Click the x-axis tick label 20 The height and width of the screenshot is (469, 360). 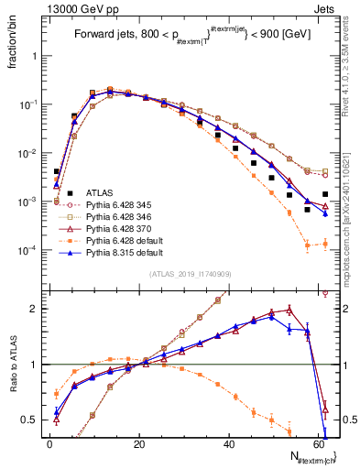(x=139, y=443)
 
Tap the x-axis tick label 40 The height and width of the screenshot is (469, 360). (x=229, y=443)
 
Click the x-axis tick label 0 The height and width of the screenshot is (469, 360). (x=50, y=443)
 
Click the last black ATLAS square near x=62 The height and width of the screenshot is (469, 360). (x=326, y=194)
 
